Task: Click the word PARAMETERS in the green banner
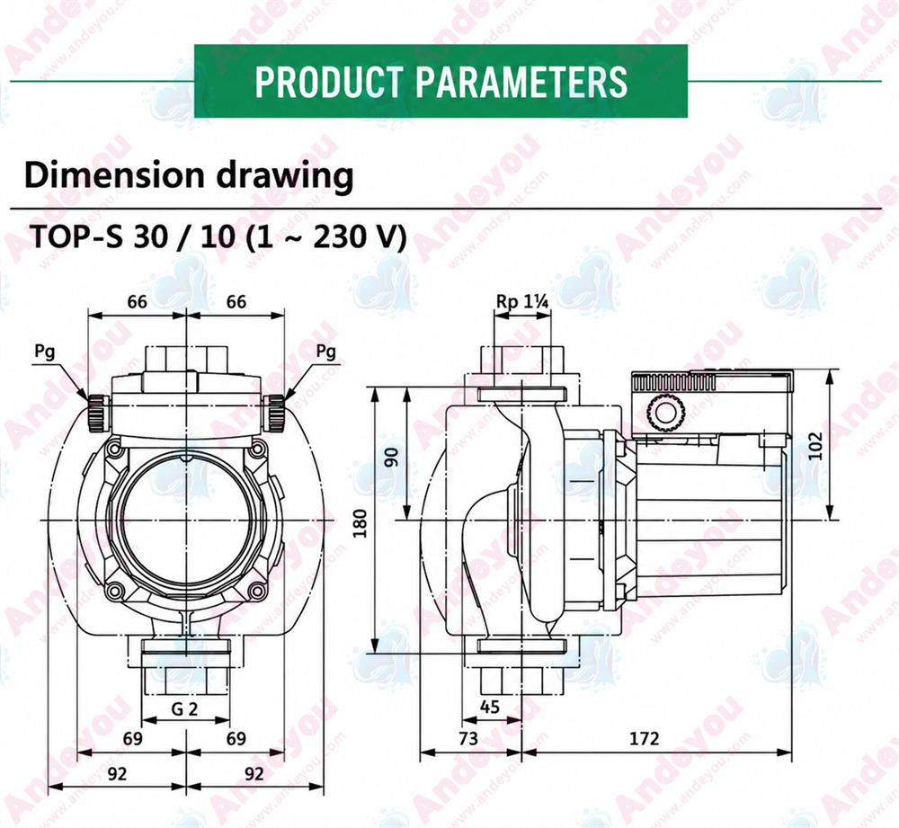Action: pos(521,82)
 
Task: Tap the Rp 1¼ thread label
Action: pos(521,301)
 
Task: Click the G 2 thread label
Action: pos(184,709)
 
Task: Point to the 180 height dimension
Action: pos(360,523)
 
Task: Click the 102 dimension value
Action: pos(814,446)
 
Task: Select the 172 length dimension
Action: pos(645,739)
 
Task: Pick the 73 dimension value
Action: pos(468,739)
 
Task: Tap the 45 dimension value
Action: pos(489,707)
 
